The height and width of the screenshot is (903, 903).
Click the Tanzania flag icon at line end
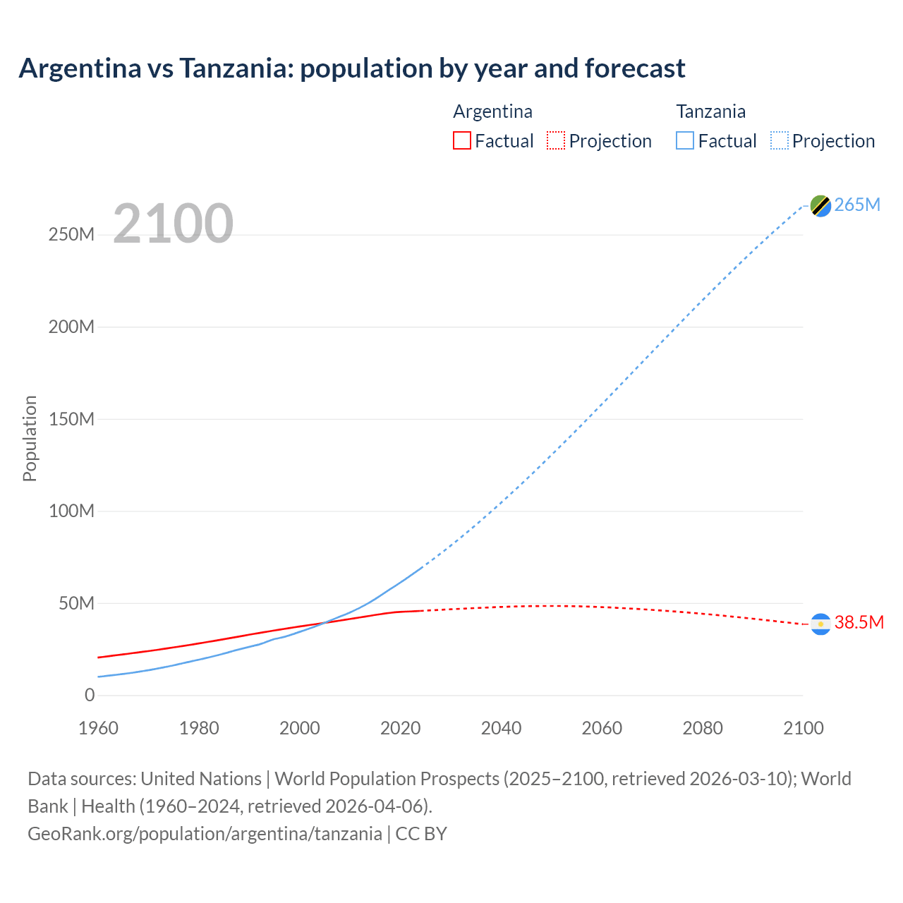click(820, 205)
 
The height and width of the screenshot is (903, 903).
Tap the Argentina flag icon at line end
click(820, 624)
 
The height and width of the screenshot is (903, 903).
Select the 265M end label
click(857, 205)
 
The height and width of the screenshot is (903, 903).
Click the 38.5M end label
click(859, 622)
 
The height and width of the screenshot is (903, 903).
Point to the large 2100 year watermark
click(173, 224)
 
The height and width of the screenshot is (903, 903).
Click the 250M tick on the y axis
click(71, 235)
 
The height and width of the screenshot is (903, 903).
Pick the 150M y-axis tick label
click(71, 419)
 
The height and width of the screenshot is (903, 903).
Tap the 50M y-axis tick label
click(76, 603)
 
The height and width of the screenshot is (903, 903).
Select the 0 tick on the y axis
click(90, 695)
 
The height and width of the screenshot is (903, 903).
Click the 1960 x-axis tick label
click(98, 728)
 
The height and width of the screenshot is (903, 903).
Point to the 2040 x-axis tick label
click(501, 728)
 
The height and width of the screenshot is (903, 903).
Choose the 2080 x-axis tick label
click(703, 728)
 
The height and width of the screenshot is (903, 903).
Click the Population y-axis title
click(30, 438)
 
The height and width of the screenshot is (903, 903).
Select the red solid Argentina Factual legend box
click(461, 140)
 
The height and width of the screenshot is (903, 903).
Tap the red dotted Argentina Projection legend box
click(556, 140)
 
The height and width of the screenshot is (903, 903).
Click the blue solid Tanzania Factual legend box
click(685, 140)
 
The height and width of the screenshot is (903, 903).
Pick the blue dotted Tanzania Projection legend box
click(780, 140)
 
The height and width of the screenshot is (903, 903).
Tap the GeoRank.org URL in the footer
click(205, 833)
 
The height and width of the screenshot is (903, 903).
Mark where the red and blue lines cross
click(324, 622)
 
